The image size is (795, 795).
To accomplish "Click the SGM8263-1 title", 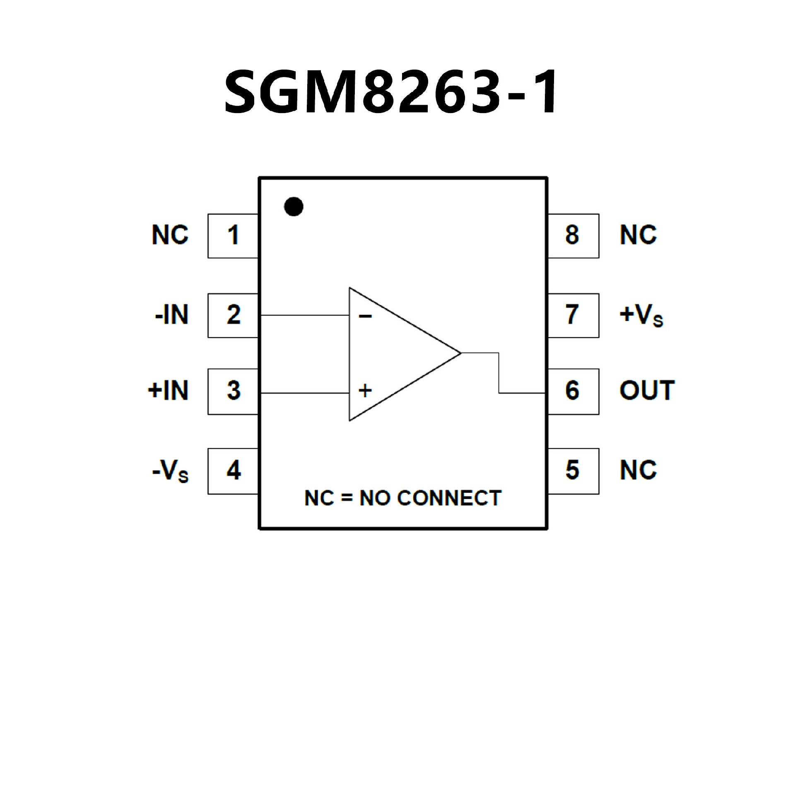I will (x=391, y=93).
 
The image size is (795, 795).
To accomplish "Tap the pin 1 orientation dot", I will (x=294, y=206).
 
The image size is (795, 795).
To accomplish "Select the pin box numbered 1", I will (x=233, y=236).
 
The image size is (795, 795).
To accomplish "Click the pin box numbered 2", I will (x=233, y=315).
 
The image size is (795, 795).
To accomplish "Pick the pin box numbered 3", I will (x=233, y=391).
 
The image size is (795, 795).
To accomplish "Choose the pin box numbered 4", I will (x=233, y=471).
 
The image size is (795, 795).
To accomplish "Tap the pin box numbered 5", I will (x=573, y=471).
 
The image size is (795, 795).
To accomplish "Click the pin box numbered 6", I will (x=573, y=391).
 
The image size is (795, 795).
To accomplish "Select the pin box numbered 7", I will (x=573, y=315).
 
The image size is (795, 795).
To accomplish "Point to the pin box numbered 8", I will (x=573, y=236).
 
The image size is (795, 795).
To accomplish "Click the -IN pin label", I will (x=172, y=315).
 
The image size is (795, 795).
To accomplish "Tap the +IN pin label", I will (x=168, y=391).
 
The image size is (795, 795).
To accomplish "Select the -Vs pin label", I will (x=171, y=472).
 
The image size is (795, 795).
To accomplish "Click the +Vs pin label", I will (x=641, y=316).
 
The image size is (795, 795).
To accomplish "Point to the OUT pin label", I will (x=647, y=391).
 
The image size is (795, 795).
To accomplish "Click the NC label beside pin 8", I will (x=638, y=235).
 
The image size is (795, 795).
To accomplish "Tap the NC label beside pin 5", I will (x=638, y=470).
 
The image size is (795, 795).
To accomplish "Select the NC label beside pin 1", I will (x=170, y=235).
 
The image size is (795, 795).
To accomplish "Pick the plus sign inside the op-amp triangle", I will (x=365, y=390).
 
